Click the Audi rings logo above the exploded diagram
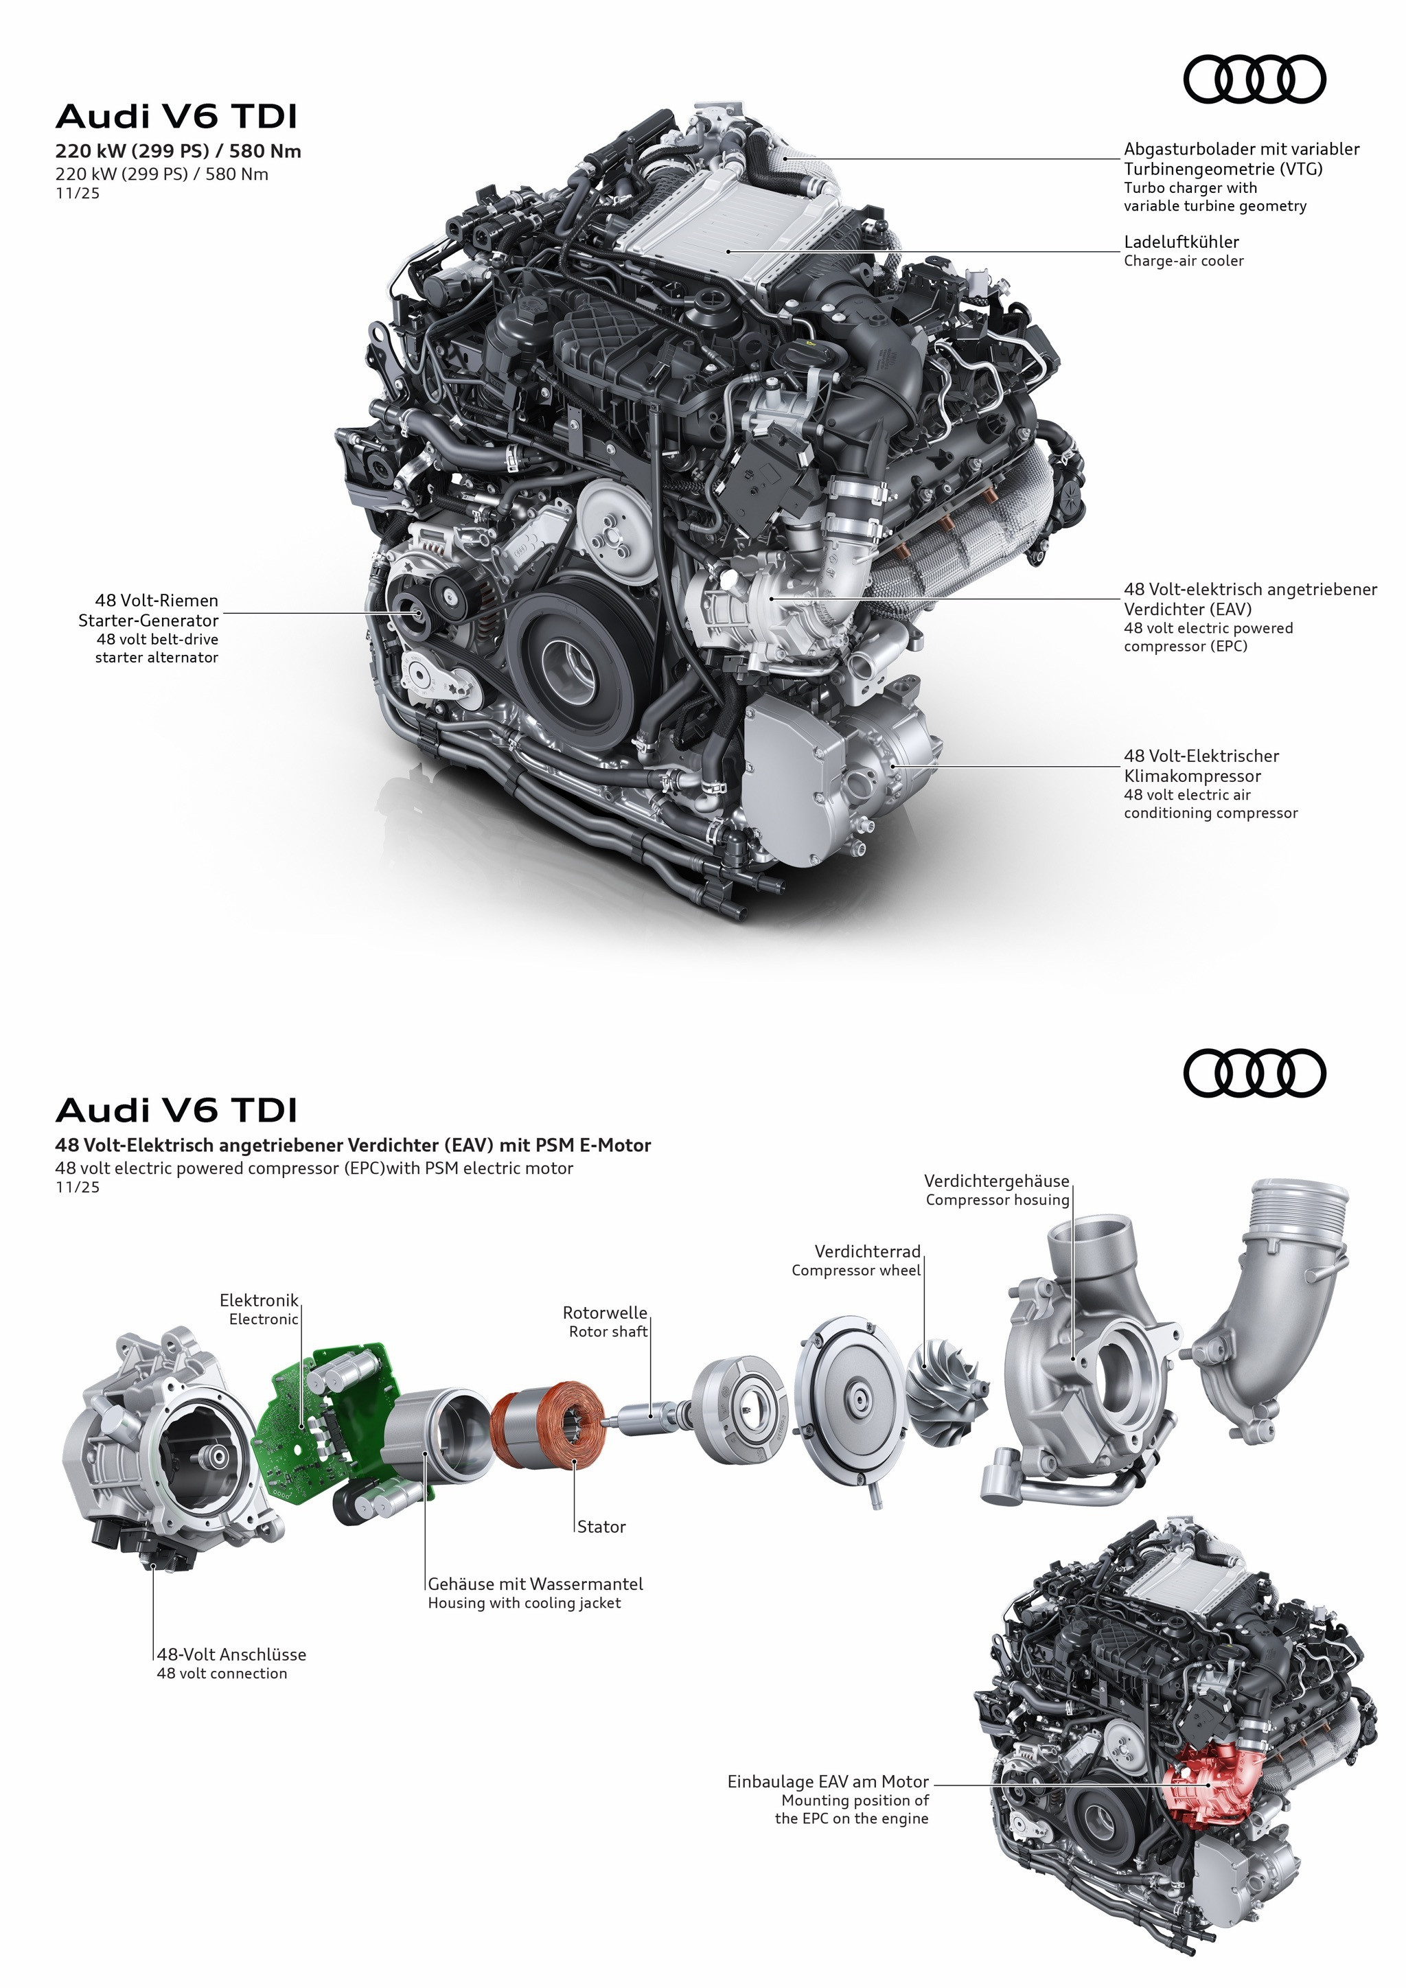[1254, 1074]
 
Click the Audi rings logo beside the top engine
[1254, 80]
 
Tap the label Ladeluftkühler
[1181, 242]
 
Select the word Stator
[601, 1527]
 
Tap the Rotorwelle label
[604, 1313]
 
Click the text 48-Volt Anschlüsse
[231, 1654]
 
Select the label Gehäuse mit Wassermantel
[535, 1584]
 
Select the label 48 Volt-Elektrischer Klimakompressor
[1200, 765]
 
